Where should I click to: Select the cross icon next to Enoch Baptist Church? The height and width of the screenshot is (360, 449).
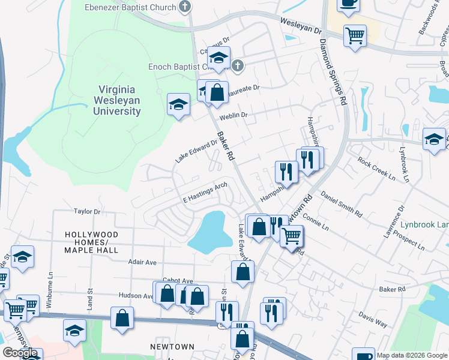[x=238, y=66]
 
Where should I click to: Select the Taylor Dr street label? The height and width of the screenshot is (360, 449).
[x=86, y=211]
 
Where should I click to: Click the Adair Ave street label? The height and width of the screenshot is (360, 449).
[x=142, y=262]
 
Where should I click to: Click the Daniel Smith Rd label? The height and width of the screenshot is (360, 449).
[x=342, y=204]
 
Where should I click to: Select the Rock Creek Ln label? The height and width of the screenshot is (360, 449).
[x=376, y=169]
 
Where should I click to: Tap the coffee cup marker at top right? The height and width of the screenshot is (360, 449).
[x=348, y=4]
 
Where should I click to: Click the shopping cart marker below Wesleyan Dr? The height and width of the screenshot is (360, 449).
[x=355, y=35]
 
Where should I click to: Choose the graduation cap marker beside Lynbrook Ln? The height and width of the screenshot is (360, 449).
[x=434, y=140]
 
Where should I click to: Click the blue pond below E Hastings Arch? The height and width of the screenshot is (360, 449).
[x=211, y=232]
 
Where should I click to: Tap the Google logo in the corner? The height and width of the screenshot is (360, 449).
[x=20, y=353]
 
